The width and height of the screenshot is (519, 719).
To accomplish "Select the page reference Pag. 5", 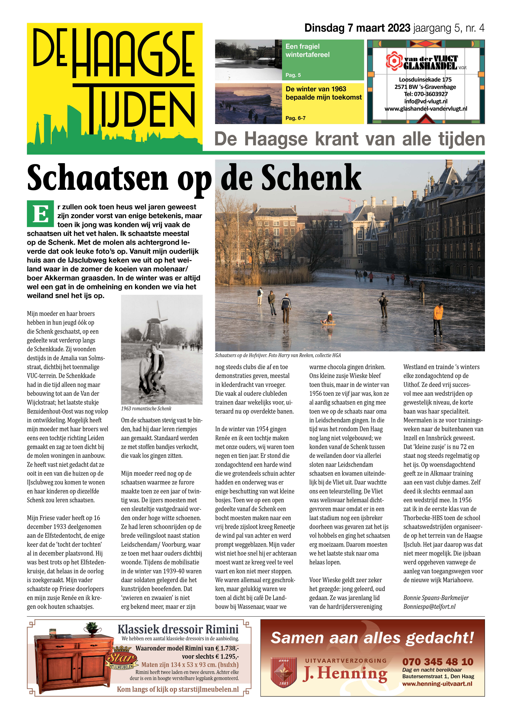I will click(293, 75).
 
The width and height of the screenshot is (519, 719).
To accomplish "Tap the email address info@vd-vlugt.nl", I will click(426, 102).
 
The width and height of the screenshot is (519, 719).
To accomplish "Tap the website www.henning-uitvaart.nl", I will click(437, 684).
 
